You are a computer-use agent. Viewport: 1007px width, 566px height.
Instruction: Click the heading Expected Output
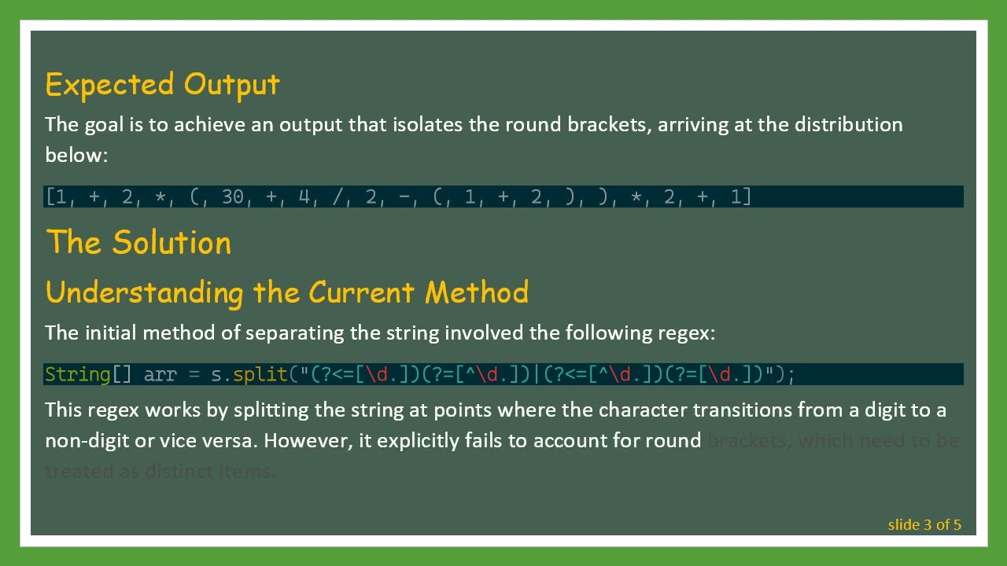tap(162, 84)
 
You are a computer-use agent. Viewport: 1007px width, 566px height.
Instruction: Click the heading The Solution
tap(138, 242)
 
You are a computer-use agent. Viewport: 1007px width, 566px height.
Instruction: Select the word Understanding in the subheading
tap(144, 292)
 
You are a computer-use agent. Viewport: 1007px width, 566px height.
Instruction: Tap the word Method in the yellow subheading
tap(476, 292)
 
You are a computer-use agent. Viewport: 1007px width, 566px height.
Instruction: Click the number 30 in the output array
tap(233, 197)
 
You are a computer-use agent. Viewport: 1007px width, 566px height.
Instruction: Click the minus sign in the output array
tap(404, 197)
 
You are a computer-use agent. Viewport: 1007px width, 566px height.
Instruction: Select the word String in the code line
tap(77, 374)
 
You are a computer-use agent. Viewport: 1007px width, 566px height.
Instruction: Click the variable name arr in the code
tap(160, 374)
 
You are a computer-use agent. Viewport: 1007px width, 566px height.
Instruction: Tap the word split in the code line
tap(260, 374)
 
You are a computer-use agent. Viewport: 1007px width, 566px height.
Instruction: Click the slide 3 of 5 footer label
tap(924, 524)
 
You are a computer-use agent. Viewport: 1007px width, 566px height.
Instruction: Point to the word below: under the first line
tap(76, 155)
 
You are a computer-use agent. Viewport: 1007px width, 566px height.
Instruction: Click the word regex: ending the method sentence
tap(686, 333)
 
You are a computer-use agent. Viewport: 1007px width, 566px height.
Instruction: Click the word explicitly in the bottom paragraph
tap(418, 440)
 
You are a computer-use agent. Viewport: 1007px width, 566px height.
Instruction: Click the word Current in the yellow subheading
tap(361, 292)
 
